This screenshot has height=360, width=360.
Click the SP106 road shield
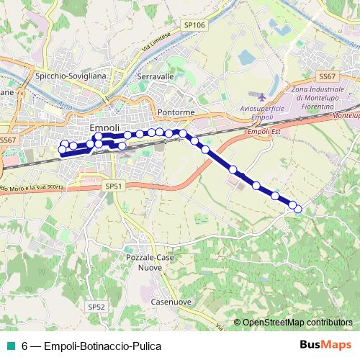(194, 26)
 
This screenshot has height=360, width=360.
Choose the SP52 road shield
(96, 307)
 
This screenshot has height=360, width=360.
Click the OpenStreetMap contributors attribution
(297, 323)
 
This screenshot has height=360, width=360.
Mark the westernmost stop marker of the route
(62, 150)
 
